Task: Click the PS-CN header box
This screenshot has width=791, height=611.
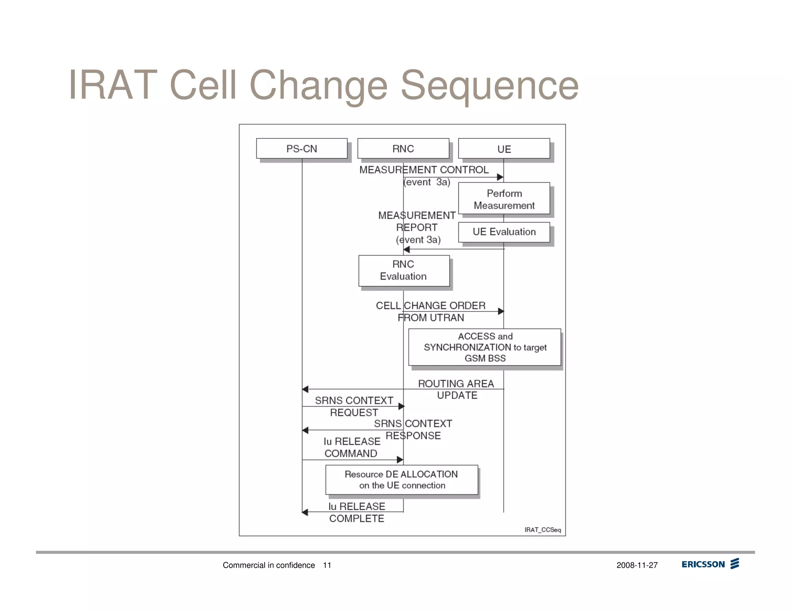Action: [x=302, y=149]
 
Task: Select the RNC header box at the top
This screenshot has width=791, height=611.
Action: [x=403, y=149]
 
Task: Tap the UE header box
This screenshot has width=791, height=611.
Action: [x=504, y=149]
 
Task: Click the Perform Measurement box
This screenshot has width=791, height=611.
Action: [x=504, y=199]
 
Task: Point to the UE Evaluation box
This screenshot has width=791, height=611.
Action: [x=504, y=232]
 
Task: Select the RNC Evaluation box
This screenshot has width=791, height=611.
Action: [x=404, y=270]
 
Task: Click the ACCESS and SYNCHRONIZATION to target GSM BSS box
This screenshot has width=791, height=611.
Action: [x=485, y=347]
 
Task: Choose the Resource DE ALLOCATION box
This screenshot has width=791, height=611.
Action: [x=402, y=480]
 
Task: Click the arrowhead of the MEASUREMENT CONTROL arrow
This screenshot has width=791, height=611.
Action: [x=500, y=177]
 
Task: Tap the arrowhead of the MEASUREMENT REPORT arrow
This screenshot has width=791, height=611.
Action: [x=407, y=249]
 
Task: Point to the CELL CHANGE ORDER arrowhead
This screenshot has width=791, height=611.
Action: [x=501, y=311]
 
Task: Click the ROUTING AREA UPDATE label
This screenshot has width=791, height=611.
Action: [x=457, y=389]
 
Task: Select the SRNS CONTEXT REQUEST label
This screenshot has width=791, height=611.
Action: [x=354, y=406]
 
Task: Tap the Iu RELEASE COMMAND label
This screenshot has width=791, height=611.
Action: [x=351, y=447]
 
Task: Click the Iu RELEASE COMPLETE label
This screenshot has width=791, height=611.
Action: [x=356, y=512]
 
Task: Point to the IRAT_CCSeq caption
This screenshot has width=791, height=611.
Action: [x=542, y=530]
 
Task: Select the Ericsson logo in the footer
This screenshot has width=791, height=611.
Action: [x=710, y=564]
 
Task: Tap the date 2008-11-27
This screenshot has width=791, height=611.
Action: [x=637, y=565]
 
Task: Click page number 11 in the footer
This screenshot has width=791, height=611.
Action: [x=327, y=565]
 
